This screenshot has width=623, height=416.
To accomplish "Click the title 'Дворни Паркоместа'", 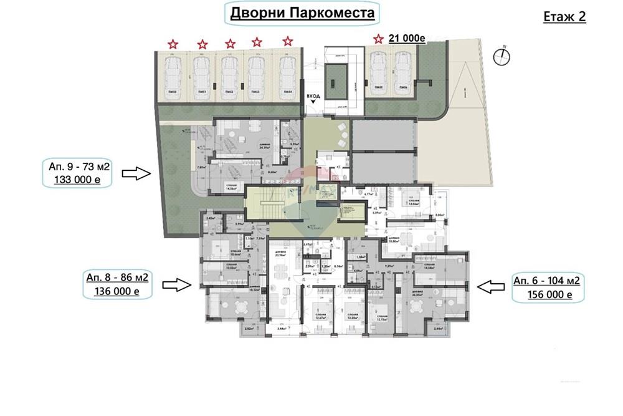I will (x=303, y=13).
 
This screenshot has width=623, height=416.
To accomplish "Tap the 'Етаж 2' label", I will (x=565, y=16).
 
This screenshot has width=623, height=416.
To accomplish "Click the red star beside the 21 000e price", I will (x=378, y=39).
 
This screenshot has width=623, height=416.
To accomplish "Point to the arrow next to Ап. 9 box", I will (x=137, y=173).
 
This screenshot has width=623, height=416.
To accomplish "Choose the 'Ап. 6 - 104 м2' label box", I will (x=546, y=281).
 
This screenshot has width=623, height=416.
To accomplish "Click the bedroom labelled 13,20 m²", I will (x=353, y=312).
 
